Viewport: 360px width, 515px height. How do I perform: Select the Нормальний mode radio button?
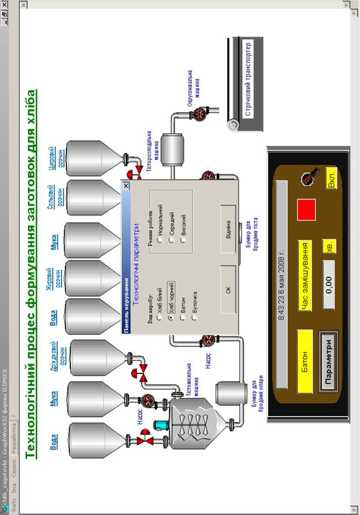click(159, 240)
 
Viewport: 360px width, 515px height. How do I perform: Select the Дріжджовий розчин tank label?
click(63, 355)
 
